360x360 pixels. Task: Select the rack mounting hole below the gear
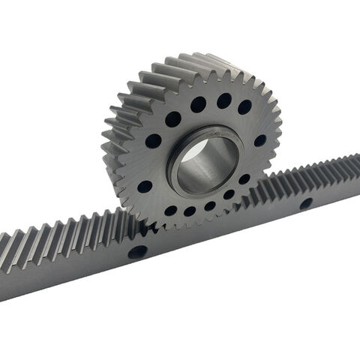coord(137,252)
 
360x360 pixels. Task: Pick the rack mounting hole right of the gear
coord(305,203)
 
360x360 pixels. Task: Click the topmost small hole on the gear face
coord(223,100)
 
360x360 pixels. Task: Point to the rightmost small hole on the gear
coord(259,140)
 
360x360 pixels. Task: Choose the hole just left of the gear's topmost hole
coord(198,104)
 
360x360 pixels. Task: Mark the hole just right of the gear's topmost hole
coord(244,106)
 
